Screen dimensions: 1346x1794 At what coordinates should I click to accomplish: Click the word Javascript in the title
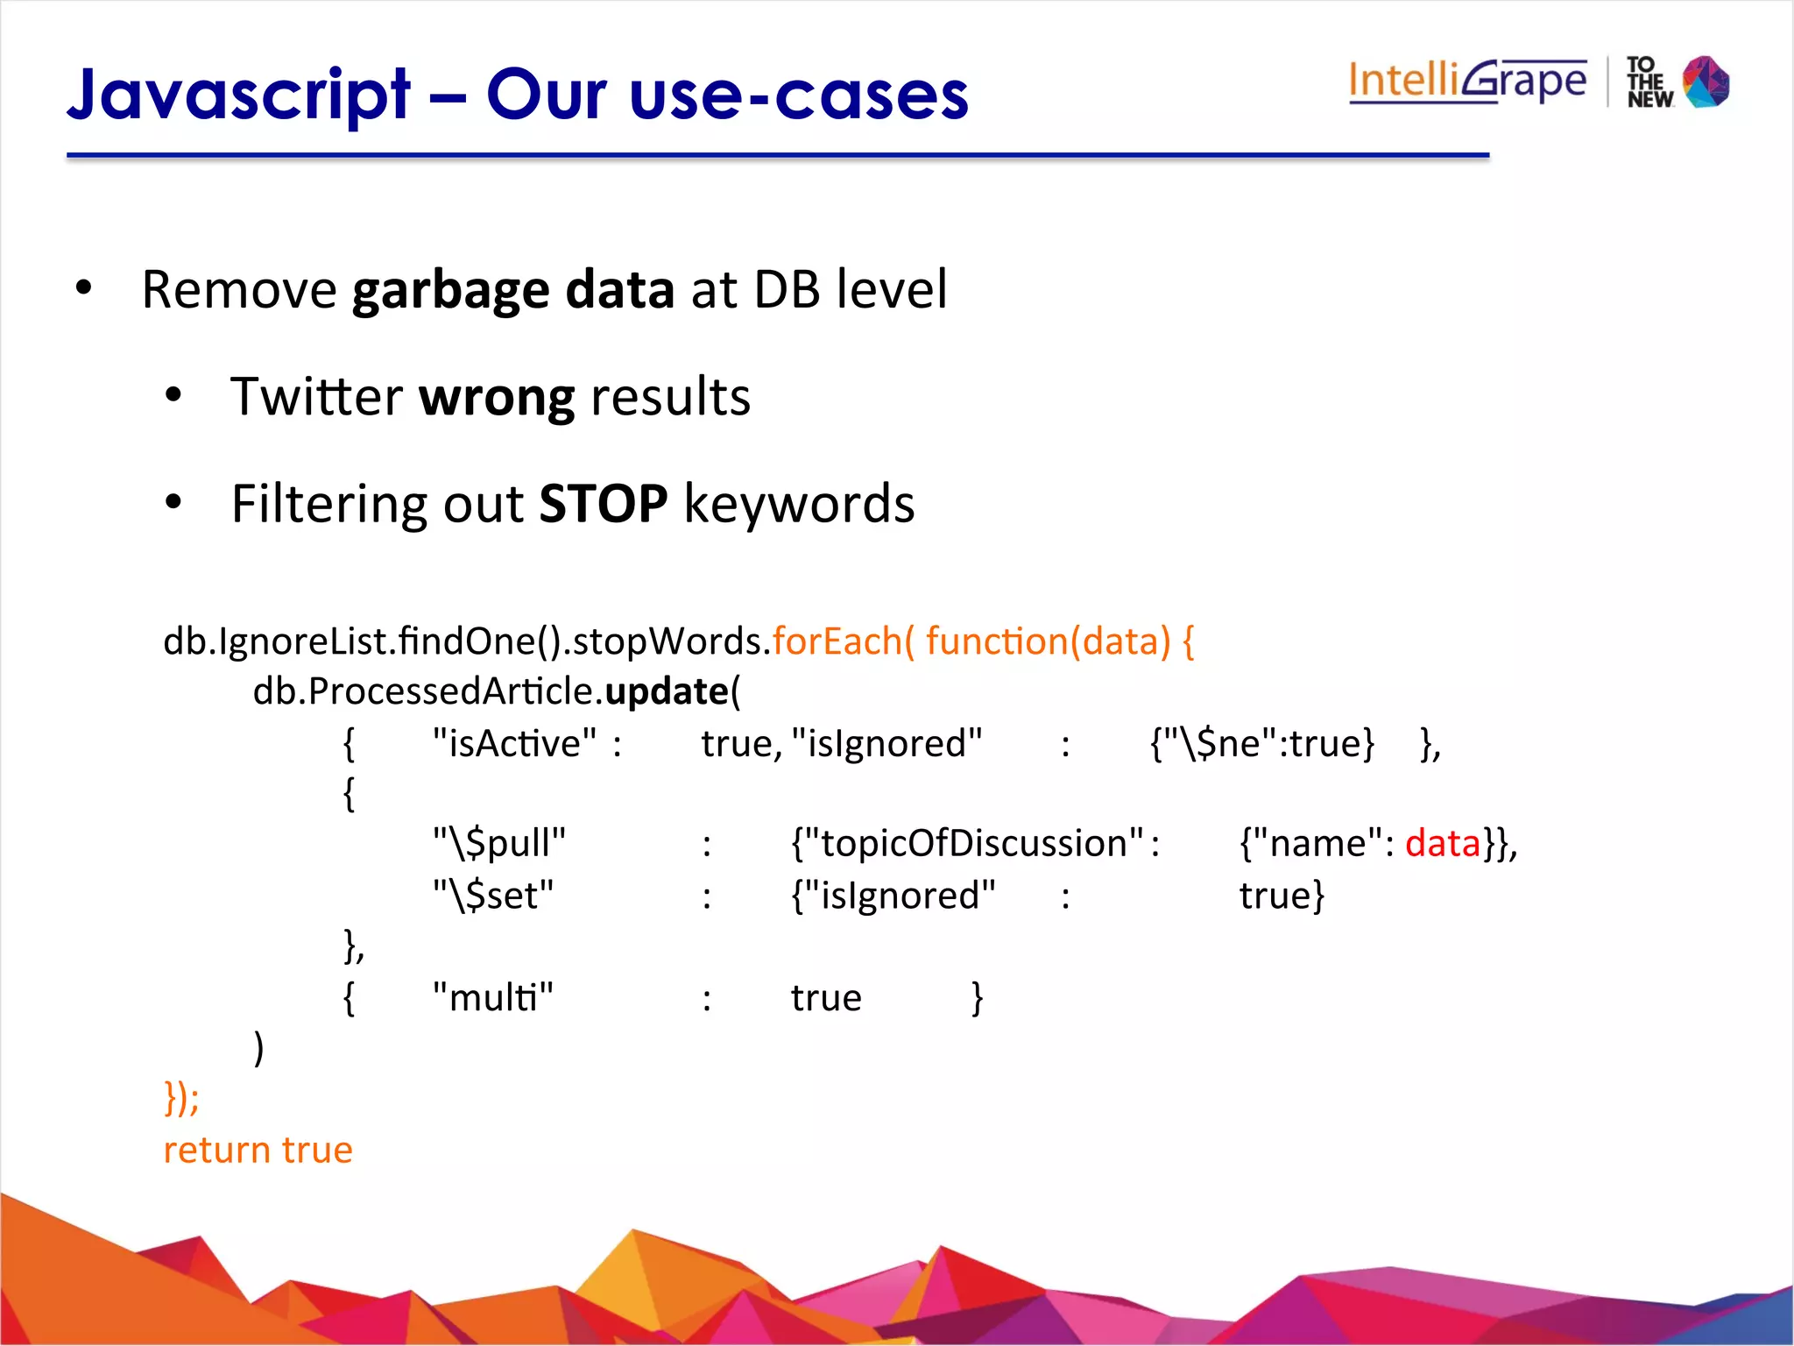[238, 95]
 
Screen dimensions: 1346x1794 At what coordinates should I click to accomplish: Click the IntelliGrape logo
[1467, 81]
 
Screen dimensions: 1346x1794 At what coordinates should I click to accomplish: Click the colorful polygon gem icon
[1706, 81]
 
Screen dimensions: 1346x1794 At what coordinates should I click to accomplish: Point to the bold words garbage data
[512, 290]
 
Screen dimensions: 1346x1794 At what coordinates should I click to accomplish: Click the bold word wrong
[497, 397]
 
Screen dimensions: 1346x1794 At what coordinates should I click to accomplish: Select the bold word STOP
[603, 504]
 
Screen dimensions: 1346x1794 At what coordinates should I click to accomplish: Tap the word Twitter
[315, 397]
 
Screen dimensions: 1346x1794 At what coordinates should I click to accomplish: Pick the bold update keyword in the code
[667, 691]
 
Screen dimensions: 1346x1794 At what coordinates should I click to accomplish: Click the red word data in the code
[1442, 843]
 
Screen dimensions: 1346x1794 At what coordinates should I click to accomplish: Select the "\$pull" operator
[499, 843]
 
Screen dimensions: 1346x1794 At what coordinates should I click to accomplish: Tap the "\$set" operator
[493, 896]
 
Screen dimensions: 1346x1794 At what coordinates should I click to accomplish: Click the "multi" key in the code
[493, 997]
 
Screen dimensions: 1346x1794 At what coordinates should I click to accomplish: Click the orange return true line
[258, 1150]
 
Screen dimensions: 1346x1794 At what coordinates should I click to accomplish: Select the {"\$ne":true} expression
[1262, 744]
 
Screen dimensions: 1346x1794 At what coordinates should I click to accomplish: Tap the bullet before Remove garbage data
[83, 288]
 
